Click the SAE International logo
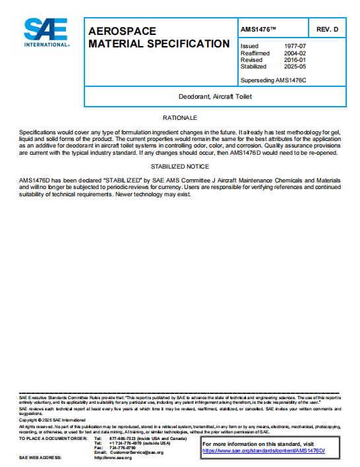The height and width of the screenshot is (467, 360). click(46, 32)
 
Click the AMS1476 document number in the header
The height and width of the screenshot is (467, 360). click(258, 30)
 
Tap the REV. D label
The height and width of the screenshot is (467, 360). click(327, 30)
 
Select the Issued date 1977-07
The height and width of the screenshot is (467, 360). click(294, 47)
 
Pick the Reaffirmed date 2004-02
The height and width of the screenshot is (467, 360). click(294, 53)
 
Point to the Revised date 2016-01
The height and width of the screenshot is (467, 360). click(294, 60)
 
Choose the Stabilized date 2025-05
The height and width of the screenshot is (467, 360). click(294, 67)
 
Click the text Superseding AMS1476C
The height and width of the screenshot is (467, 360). click(274, 80)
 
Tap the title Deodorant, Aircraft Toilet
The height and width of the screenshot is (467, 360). click(215, 96)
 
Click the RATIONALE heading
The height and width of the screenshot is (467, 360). click(180, 118)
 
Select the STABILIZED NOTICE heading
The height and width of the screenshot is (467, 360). click(180, 167)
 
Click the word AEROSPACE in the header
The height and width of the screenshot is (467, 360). click(122, 32)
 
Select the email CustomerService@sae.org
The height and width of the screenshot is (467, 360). click(135, 453)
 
